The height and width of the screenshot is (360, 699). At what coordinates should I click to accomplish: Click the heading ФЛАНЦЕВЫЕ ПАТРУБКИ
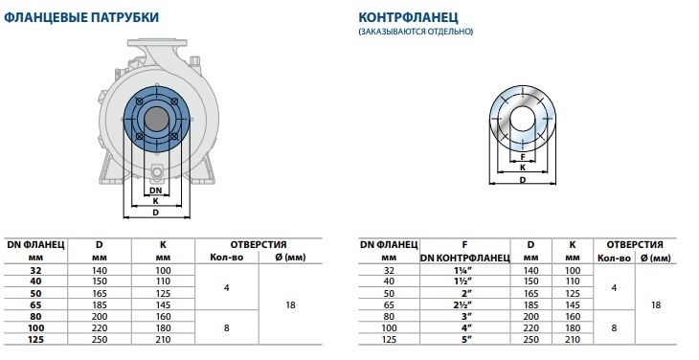point(80,17)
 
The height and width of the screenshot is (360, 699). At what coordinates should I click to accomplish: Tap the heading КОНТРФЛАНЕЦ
point(408,17)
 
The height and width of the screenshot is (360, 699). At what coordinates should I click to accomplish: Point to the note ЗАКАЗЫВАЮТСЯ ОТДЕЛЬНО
point(416,32)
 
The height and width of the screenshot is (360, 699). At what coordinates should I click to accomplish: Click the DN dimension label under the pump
point(155,191)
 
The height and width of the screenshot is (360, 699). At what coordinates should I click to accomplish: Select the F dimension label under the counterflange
point(523,157)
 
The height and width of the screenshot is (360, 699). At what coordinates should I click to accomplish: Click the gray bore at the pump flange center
point(156,119)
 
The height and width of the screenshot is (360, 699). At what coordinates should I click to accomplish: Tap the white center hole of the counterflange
point(523,119)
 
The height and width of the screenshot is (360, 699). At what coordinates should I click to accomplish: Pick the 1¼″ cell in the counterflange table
point(465,270)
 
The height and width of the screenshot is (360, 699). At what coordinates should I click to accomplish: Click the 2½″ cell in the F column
point(465,305)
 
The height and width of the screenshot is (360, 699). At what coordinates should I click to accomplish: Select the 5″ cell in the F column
point(465,340)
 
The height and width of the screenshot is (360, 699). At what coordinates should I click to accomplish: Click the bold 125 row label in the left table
point(35,340)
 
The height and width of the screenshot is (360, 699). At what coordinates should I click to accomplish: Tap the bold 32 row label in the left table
point(35,270)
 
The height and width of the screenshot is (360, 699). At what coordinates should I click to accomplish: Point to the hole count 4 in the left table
point(227,288)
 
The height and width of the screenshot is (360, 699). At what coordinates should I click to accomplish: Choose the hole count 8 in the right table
point(614,327)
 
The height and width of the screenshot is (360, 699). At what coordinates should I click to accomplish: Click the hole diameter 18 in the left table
point(290,305)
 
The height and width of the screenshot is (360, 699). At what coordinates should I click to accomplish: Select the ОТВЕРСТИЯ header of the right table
point(634,244)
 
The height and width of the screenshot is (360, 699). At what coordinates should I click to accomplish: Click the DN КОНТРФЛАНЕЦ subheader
point(465,258)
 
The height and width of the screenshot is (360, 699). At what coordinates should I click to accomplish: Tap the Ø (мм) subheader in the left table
point(290,258)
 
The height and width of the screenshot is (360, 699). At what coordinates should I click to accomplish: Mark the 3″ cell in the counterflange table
point(465,316)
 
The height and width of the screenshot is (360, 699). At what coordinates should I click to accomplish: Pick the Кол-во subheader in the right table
point(614,258)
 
